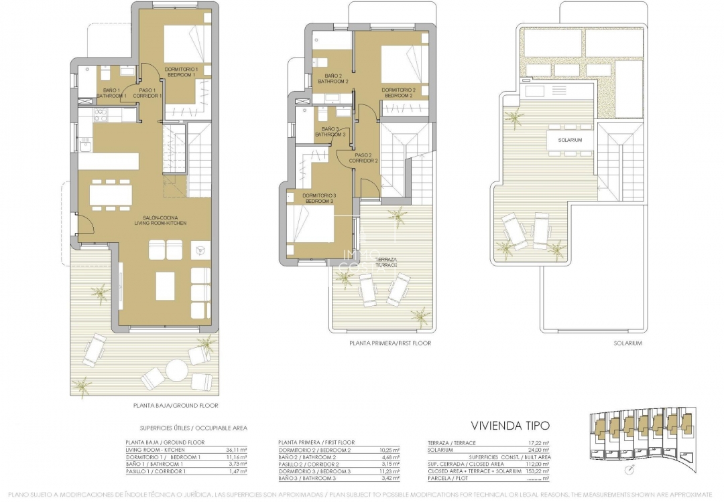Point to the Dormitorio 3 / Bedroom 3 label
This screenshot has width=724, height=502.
pos(320,197)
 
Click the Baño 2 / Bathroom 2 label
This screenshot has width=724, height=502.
pos(333,78)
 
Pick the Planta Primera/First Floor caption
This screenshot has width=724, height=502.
pos(390,343)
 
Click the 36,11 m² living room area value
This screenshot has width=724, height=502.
pos(237,450)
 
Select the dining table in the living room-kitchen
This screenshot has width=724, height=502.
pos(111,194)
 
